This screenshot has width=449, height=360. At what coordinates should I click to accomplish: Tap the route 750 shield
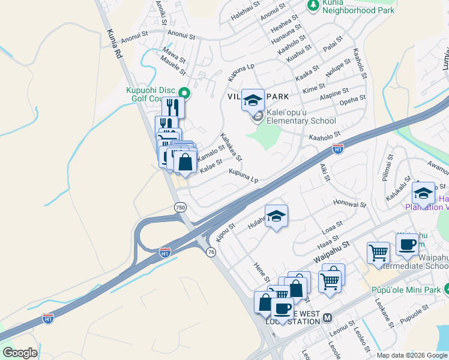point(180,207)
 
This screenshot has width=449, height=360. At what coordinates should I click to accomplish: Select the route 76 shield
point(210,252)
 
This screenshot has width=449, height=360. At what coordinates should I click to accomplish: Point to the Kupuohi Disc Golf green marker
point(185,93)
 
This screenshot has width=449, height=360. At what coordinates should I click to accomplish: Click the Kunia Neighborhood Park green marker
point(313,5)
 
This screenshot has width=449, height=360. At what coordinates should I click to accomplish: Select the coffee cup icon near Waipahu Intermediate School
point(407,245)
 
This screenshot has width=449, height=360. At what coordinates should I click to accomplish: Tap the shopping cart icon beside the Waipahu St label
point(379,252)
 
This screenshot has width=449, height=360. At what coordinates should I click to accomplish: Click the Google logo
point(20,353)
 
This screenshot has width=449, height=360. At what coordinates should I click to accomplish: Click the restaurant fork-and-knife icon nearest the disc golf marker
point(173,107)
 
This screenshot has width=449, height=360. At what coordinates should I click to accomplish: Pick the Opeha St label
point(352,98)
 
